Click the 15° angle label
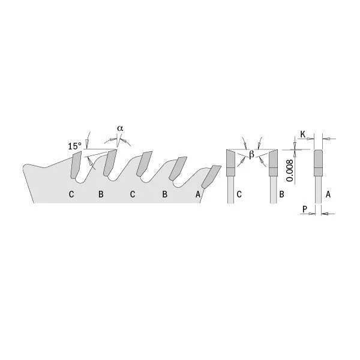[74, 146]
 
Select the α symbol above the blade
[120, 128]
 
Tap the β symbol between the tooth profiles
[252, 155]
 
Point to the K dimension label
[303, 133]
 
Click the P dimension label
[305, 209]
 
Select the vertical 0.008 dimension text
[289, 170]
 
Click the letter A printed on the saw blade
[197, 194]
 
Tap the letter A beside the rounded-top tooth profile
[328, 194]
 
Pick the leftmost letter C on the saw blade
[71, 194]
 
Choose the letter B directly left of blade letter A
[164, 194]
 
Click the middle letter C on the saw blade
[133, 194]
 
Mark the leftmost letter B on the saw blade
[101, 194]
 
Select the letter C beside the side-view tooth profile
[239, 194]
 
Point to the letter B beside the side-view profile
[282, 194]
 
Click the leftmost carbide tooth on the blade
[76, 165]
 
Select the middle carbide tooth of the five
[143, 164]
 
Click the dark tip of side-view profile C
[230, 162]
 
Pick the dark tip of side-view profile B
[274, 162]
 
